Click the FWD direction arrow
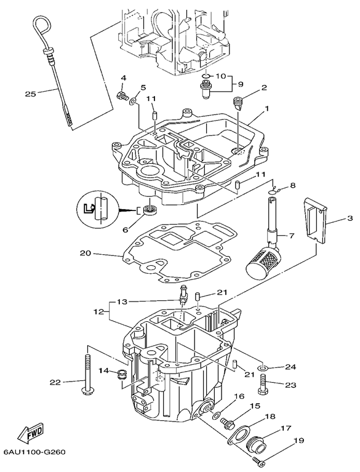tap(31, 431)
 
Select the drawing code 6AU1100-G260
tap(34, 452)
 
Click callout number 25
tap(30, 94)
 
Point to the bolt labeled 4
tap(122, 97)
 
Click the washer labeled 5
tap(133, 101)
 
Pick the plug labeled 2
tap(239, 103)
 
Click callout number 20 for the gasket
tap(85, 253)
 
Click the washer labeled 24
tap(263, 368)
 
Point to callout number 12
tap(100, 311)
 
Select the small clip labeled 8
tap(276, 190)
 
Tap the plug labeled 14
tap(122, 374)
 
